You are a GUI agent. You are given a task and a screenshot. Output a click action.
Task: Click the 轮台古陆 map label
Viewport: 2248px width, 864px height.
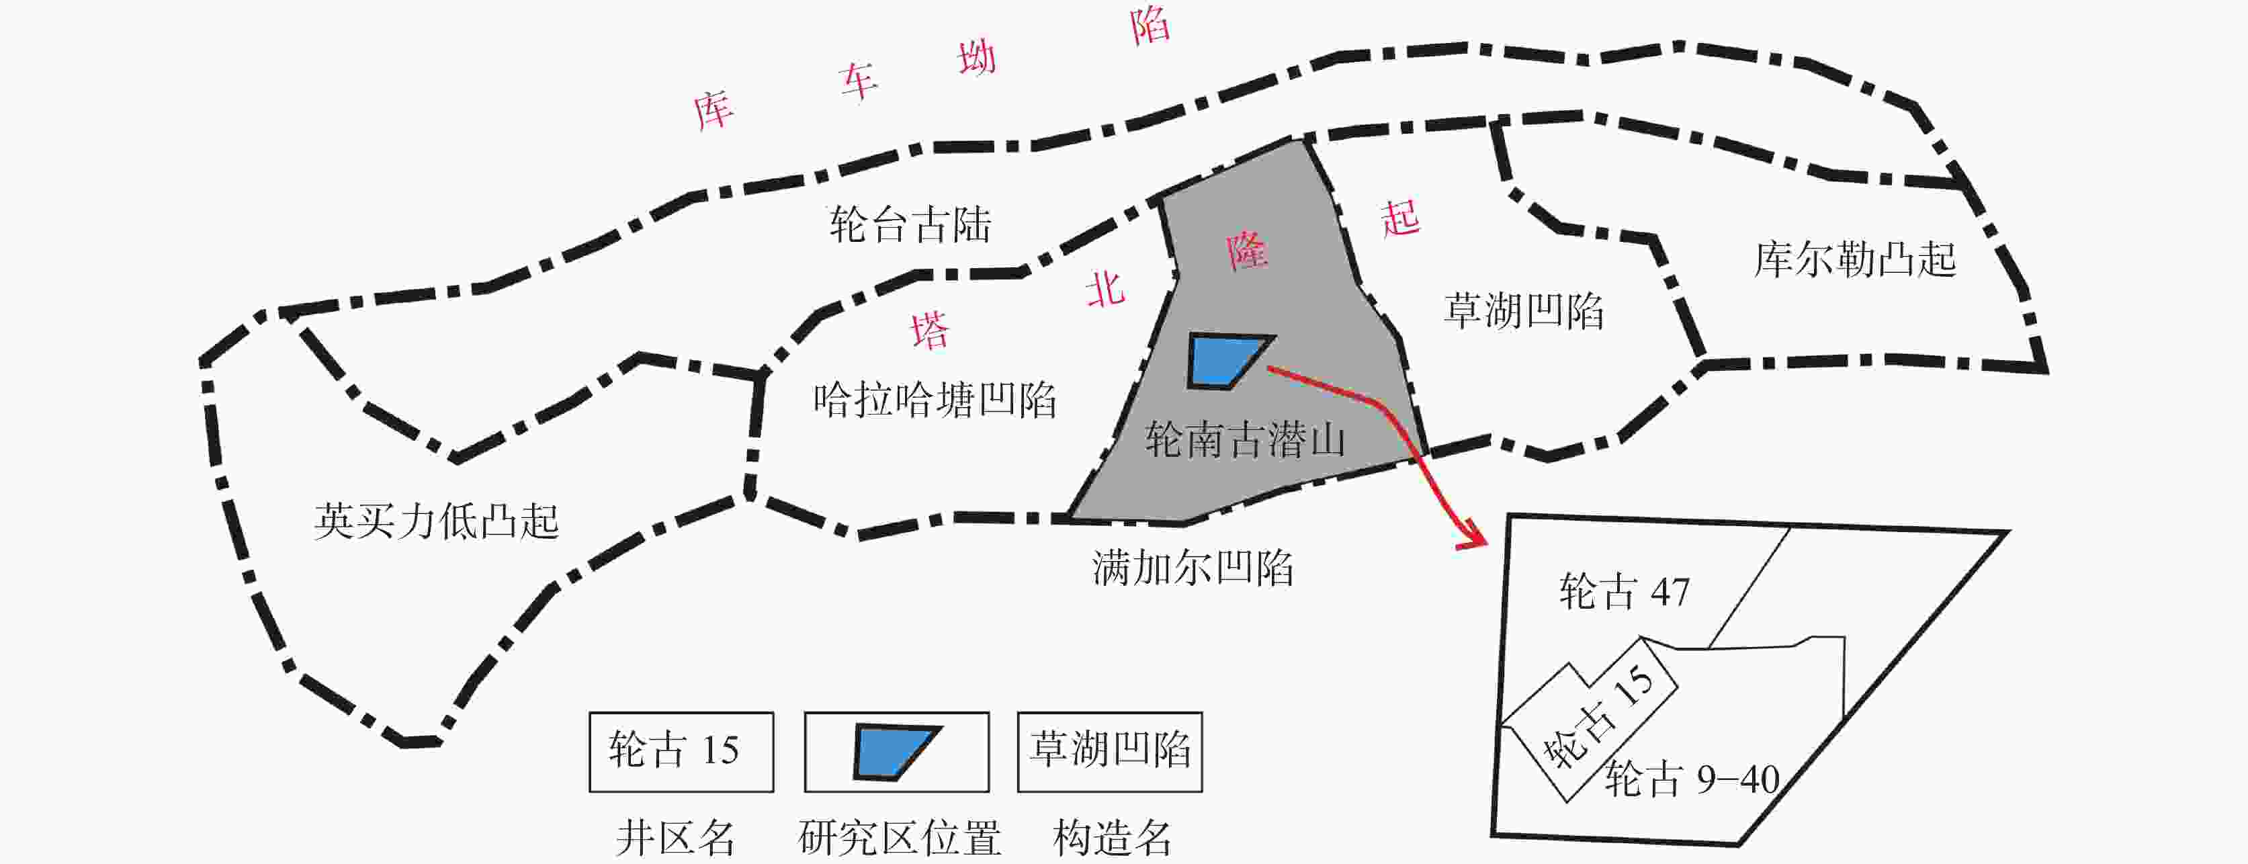click(x=910, y=224)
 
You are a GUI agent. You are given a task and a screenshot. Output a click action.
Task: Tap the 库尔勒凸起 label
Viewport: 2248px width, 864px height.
click(x=1855, y=259)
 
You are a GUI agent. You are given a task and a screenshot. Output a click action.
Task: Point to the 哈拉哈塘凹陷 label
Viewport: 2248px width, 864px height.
click(x=935, y=400)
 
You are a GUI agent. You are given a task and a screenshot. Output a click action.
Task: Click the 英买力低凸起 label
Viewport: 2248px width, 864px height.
click(x=436, y=521)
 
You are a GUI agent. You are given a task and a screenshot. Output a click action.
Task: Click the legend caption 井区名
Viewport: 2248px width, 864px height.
click(x=675, y=838)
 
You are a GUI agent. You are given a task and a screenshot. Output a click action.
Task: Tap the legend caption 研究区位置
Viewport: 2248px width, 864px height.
click(x=899, y=838)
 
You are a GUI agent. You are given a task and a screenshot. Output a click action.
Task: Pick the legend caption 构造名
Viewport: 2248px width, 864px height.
click(x=1112, y=838)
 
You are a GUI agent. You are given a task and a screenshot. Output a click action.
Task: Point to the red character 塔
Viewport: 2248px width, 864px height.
click(x=931, y=330)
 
